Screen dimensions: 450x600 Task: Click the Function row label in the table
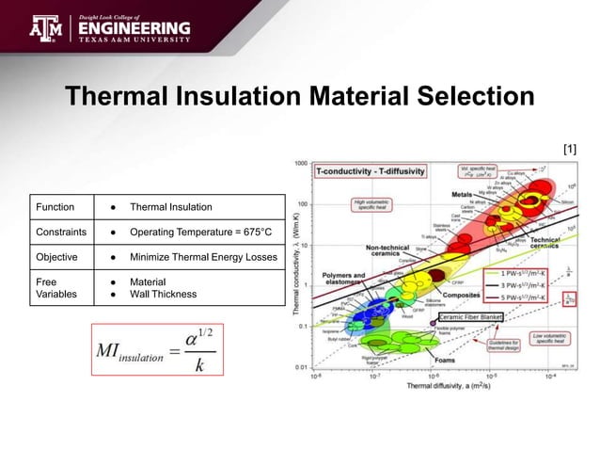(55, 207)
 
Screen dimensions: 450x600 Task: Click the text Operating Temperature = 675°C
(200, 232)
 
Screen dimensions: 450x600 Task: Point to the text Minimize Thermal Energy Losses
(203, 256)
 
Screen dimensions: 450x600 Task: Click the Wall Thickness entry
(163, 294)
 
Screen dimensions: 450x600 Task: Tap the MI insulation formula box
(157, 350)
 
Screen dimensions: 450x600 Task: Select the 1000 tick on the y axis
(302, 164)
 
